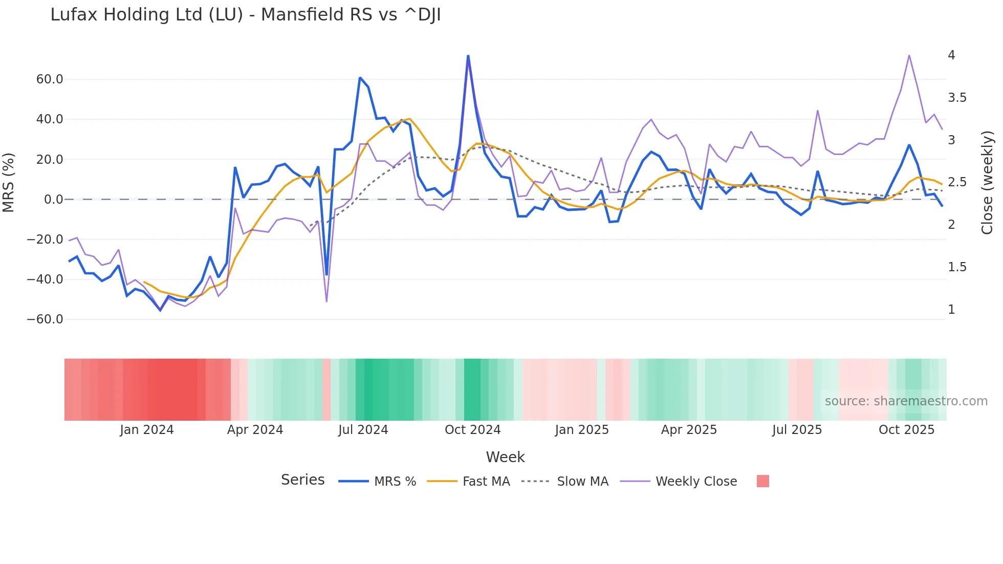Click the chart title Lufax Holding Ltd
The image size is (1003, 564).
coord(245,15)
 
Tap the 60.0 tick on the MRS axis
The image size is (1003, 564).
coord(50,79)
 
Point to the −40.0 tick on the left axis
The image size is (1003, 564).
coord(45,279)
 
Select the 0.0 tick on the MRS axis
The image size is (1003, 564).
coord(54,200)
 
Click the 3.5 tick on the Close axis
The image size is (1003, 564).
coord(957,98)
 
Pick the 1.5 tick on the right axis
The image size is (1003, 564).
coord(957,267)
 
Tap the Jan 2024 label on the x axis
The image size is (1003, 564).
coord(147,430)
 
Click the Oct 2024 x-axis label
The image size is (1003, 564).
coord(472,430)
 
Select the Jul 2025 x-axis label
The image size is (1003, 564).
coord(797,430)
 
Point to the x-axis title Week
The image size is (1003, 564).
coord(505,457)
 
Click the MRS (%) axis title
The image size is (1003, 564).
coord(9,183)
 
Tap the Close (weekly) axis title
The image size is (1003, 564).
coord(987,183)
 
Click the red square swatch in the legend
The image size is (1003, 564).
coord(762,481)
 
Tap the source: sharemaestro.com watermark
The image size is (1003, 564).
coord(906,401)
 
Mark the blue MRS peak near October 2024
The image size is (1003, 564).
coord(468,56)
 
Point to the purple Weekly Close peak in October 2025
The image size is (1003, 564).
coord(909,55)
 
